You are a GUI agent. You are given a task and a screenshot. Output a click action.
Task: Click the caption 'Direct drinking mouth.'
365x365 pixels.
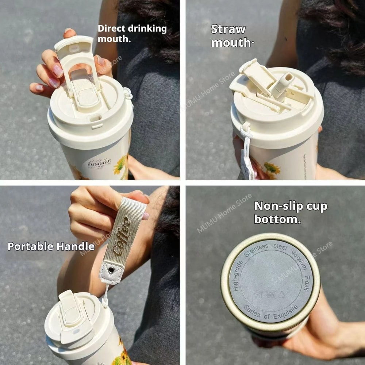(132, 34)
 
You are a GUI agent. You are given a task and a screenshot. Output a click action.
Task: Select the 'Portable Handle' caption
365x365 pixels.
(51, 246)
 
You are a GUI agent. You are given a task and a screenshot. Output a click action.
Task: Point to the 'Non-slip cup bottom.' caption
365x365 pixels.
(291, 212)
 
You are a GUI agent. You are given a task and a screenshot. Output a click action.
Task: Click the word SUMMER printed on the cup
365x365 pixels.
(99, 161)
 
